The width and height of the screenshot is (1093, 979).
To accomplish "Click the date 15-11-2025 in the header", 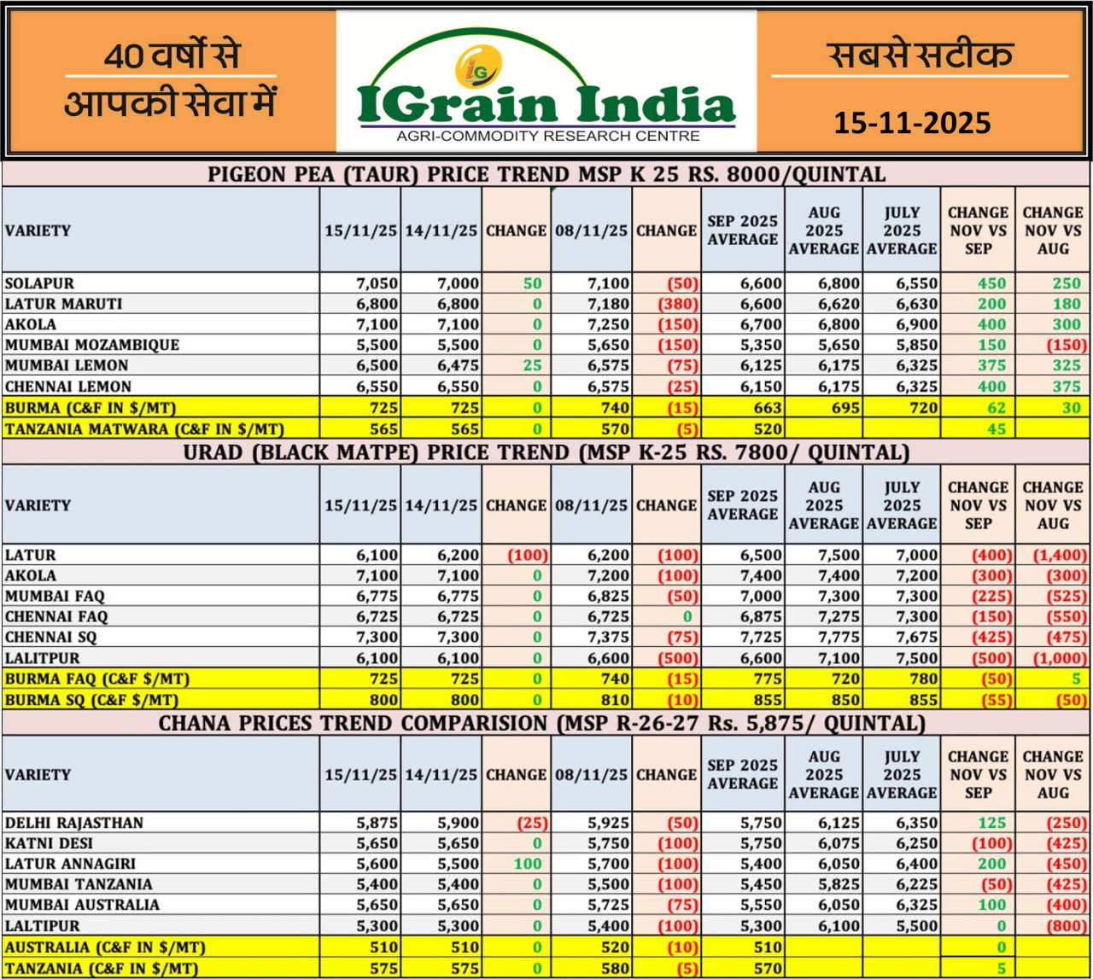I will [912, 123].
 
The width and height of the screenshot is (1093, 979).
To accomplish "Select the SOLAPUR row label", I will [39, 283].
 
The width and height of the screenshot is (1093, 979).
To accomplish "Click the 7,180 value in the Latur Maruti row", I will [603, 304].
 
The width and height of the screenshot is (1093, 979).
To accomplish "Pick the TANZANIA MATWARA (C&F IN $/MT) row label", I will [144, 429].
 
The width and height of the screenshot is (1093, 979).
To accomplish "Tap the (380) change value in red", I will [678, 304].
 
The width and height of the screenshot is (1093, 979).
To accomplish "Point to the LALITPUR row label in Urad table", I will [42, 658].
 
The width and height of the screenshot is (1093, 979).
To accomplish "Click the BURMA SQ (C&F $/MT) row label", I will [91, 700].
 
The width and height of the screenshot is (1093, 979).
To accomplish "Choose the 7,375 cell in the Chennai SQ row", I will [603, 638].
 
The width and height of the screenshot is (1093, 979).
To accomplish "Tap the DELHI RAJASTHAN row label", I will [74, 823].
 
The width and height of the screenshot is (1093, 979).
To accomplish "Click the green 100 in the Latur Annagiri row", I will [528, 864].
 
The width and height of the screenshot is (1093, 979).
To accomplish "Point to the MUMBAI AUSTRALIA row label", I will [82, 905].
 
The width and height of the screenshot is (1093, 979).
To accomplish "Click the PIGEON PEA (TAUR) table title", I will [546, 175].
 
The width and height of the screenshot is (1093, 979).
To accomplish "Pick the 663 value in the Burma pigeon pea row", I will [767, 408].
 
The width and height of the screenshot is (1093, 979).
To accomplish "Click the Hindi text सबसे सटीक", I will [920, 55].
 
